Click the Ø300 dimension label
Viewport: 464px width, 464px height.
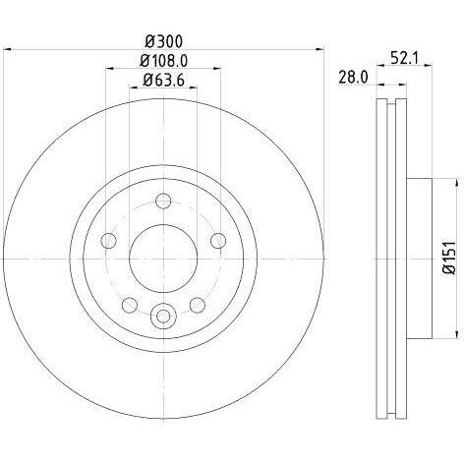point(163,41)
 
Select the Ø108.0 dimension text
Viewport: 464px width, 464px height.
point(163,61)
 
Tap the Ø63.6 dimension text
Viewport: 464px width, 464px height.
point(164,80)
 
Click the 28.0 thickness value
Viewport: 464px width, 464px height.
point(353,78)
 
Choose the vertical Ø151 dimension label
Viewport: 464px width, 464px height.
point(449,259)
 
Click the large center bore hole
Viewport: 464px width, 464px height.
point(163,259)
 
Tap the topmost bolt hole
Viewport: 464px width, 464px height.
point(163,201)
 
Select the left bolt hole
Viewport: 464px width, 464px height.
point(109,241)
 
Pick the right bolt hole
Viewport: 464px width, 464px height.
point(218,241)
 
